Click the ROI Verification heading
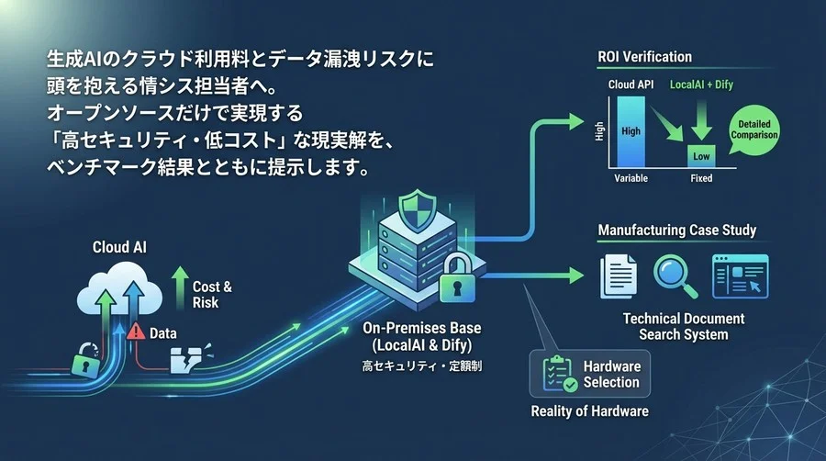pos(644,57)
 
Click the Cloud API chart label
pos(630,85)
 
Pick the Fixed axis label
pos(701,178)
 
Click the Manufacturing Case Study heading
pos(677,230)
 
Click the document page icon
pos(618,275)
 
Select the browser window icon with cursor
pos(740,275)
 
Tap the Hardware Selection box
pos(590,374)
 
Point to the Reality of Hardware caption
pos(590,410)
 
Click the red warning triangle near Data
pos(138,332)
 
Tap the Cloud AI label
pos(119,248)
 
